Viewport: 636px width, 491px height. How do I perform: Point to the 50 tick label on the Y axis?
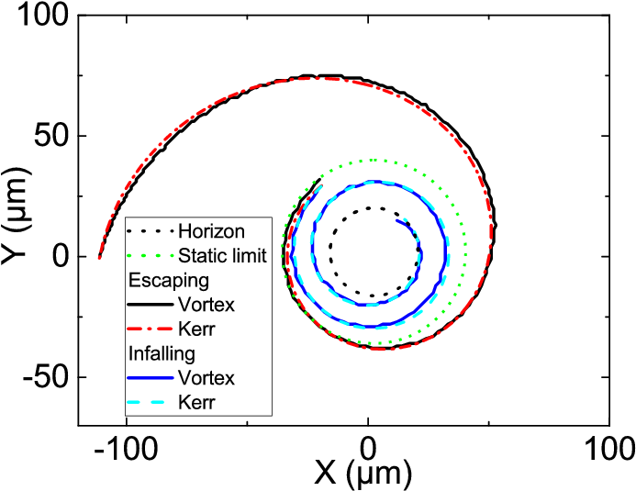click(x=50, y=136)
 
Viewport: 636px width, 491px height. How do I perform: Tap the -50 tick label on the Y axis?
click(x=45, y=377)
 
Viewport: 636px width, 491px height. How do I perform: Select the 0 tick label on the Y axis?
click(x=60, y=257)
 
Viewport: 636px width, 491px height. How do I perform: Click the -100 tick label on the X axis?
click(x=126, y=448)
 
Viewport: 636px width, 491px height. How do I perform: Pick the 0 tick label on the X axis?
click(x=367, y=448)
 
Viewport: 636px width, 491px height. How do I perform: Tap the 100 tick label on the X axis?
click(x=609, y=448)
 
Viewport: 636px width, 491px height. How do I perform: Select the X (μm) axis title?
click(x=363, y=474)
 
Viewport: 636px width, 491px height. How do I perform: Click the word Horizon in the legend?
click(x=211, y=231)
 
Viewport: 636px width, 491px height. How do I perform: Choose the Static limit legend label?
click(x=222, y=256)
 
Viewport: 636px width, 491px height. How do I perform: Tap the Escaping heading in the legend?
click(x=169, y=281)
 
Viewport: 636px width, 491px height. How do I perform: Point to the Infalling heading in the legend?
click(x=162, y=353)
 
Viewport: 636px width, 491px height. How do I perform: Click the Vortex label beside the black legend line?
click(x=206, y=305)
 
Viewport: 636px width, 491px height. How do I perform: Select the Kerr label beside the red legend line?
click(x=195, y=329)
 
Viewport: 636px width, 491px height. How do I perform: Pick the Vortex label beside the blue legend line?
click(x=206, y=378)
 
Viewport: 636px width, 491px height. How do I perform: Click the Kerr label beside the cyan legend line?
click(x=195, y=403)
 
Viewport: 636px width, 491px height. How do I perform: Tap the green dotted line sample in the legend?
click(x=151, y=256)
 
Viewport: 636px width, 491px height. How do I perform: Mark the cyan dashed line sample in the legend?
click(x=151, y=403)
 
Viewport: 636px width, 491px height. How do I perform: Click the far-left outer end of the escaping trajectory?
click(x=99, y=257)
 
